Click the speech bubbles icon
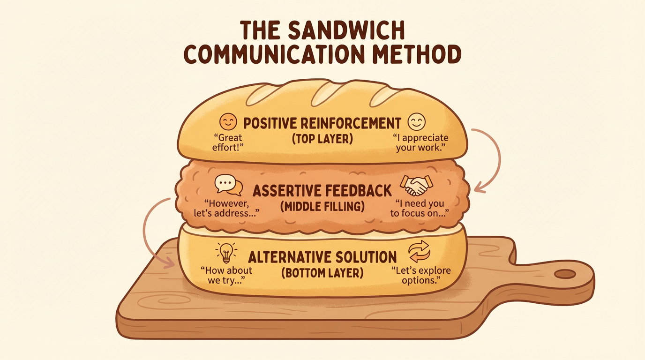229,185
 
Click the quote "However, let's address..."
227,209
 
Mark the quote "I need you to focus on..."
420,209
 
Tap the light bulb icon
226,252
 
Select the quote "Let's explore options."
420,276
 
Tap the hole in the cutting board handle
565,274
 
